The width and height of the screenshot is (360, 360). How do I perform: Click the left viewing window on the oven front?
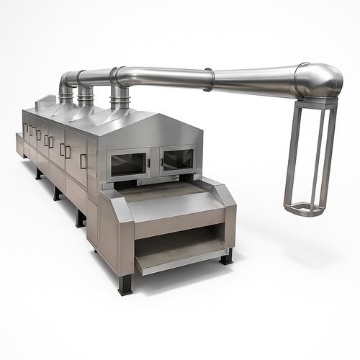tap(129, 163)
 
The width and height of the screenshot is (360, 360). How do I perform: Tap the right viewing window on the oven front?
tap(177, 159)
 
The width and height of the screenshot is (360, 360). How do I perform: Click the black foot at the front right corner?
tap(227, 256)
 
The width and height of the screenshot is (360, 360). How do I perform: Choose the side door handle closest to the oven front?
tap(83, 161)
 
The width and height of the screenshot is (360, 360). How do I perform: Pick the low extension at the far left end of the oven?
tap(19, 144)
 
